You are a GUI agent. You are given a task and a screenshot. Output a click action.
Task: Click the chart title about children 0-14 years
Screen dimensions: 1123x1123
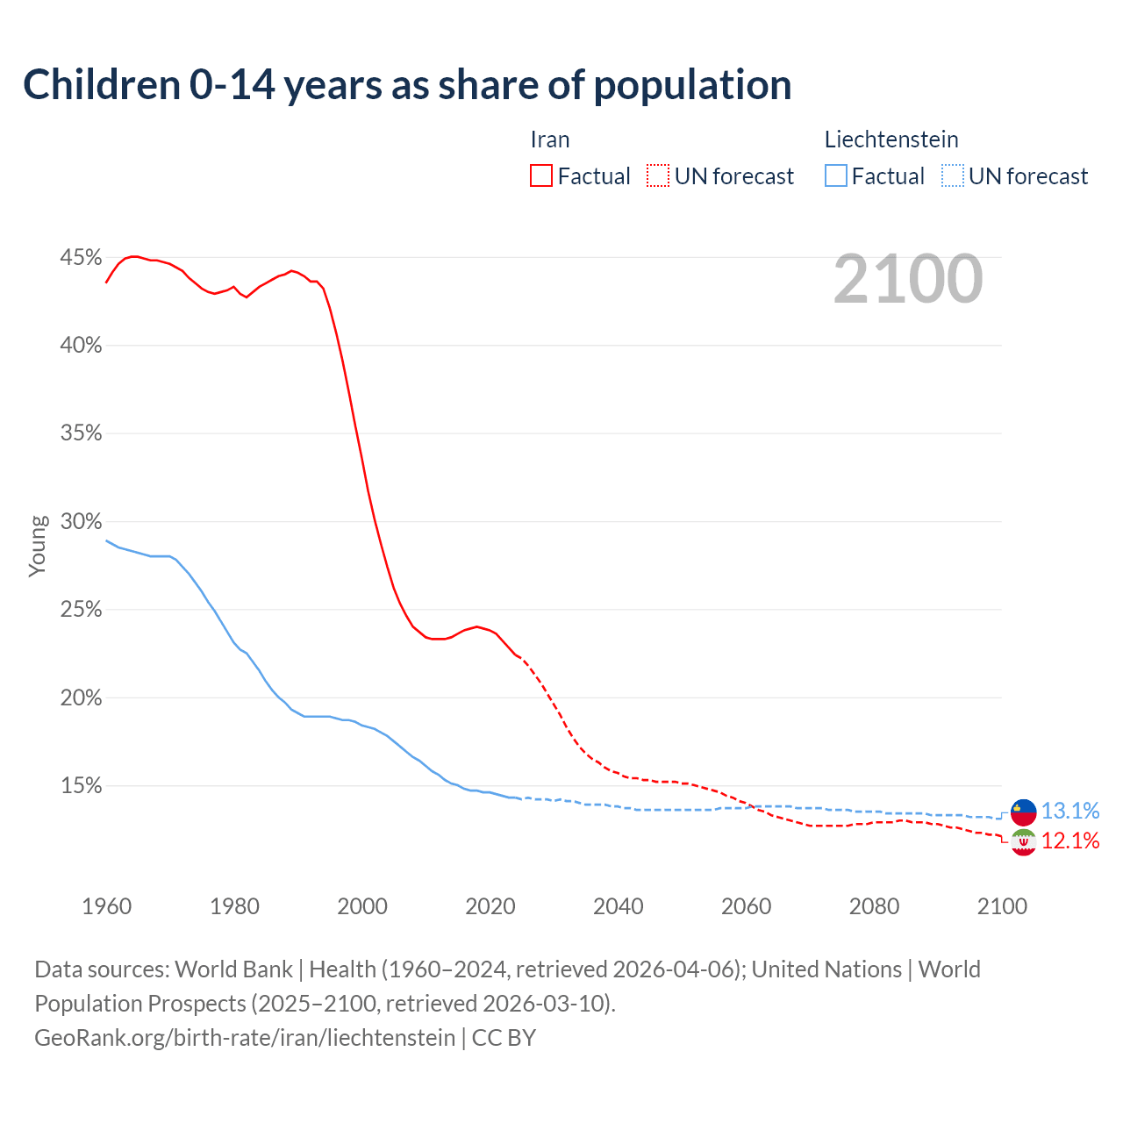click(x=407, y=85)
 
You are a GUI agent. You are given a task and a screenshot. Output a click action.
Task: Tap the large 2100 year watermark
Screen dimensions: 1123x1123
click(x=908, y=279)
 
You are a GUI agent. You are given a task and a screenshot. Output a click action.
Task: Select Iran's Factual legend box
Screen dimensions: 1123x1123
click(x=541, y=176)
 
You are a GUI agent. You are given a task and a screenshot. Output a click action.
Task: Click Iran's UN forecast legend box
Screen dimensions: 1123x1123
click(x=658, y=176)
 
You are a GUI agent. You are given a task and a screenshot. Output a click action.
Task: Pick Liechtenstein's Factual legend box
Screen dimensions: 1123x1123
click(x=836, y=176)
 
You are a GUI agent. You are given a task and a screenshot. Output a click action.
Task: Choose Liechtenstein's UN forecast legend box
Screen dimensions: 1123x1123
click(x=953, y=176)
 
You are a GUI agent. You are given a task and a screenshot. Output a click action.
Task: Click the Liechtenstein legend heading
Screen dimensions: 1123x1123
click(x=891, y=139)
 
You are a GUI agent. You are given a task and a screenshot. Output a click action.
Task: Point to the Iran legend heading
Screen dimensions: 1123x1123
click(x=550, y=139)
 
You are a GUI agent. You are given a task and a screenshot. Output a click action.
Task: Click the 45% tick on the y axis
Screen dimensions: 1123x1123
click(x=81, y=258)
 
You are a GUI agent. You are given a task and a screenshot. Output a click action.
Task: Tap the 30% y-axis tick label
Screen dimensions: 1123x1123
click(x=81, y=522)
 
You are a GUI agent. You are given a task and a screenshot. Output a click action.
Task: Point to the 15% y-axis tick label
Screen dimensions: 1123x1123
click(x=81, y=786)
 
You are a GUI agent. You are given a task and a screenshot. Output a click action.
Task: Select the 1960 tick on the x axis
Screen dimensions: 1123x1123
click(x=106, y=906)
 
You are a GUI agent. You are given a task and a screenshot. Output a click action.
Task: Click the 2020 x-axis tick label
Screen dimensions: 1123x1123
click(x=490, y=906)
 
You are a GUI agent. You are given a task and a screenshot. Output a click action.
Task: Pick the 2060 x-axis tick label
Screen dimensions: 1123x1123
click(x=746, y=906)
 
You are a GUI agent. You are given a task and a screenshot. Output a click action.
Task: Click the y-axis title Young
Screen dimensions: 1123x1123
click(x=38, y=546)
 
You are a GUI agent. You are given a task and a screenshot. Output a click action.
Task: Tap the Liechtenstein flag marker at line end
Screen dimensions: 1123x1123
click(x=1023, y=812)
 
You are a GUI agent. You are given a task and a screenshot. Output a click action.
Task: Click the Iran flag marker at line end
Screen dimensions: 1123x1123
click(x=1023, y=842)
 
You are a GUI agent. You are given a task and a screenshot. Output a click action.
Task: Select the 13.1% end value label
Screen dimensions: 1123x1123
click(x=1070, y=811)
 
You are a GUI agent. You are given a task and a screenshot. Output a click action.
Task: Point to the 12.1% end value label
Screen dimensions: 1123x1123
click(x=1070, y=841)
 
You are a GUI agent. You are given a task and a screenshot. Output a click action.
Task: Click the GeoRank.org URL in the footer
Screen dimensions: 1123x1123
click(x=245, y=1038)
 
